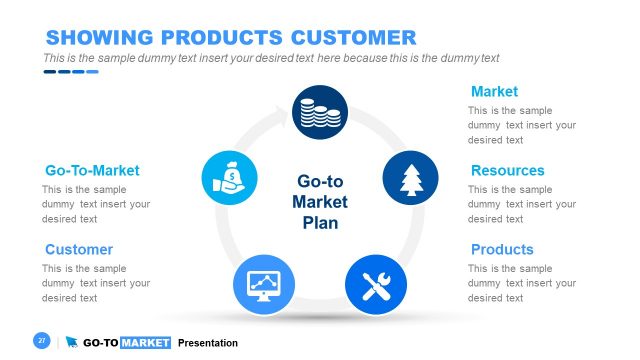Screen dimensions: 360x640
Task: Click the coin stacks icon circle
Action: point(320,112)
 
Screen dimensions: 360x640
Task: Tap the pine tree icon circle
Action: point(410,179)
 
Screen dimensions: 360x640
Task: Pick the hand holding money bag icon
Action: point(229,179)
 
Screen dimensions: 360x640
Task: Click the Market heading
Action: point(494,92)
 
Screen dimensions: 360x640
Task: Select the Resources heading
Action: point(507,171)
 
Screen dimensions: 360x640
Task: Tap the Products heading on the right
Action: point(502,250)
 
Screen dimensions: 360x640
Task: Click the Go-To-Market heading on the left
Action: point(92,171)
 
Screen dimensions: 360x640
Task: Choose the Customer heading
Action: point(79,250)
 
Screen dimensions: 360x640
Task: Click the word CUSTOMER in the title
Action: point(353,38)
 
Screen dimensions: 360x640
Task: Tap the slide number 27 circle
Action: point(42,342)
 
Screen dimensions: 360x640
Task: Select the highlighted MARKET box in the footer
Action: point(145,343)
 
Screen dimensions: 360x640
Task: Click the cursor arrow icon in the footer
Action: point(72,343)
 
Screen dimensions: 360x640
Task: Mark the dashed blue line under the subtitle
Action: point(70,72)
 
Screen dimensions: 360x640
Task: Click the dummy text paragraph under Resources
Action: point(521,204)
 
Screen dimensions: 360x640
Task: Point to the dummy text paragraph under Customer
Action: point(96,283)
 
